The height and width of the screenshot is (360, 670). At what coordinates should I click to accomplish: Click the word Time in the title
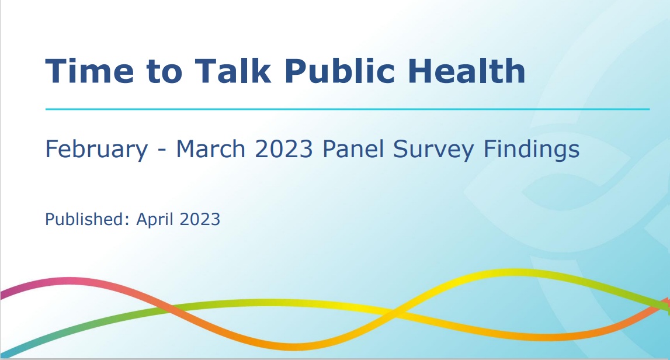click(x=89, y=71)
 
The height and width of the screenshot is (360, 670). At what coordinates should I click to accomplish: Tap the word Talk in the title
click(x=233, y=70)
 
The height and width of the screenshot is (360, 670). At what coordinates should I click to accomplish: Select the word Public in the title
click(x=340, y=70)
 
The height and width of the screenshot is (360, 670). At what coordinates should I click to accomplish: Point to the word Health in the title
click(x=467, y=70)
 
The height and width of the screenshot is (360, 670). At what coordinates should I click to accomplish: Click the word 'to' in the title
click(x=164, y=72)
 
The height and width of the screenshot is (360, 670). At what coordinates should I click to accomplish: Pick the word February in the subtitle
click(x=96, y=150)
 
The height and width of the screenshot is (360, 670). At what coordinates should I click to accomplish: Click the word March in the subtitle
click(x=211, y=149)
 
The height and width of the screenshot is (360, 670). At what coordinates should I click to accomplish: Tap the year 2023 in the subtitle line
click(x=284, y=149)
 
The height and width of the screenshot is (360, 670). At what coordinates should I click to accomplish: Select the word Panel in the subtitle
click(x=353, y=149)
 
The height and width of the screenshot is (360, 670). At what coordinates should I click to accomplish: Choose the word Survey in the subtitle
click(x=433, y=150)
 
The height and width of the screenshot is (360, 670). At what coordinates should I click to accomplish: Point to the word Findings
click(x=532, y=150)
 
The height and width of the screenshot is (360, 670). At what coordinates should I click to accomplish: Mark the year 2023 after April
click(x=200, y=219)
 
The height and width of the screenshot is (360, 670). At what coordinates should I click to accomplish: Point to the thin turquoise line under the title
click(x=348, y=109)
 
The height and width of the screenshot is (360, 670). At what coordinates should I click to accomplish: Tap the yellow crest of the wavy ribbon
click(x=511, y=272)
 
